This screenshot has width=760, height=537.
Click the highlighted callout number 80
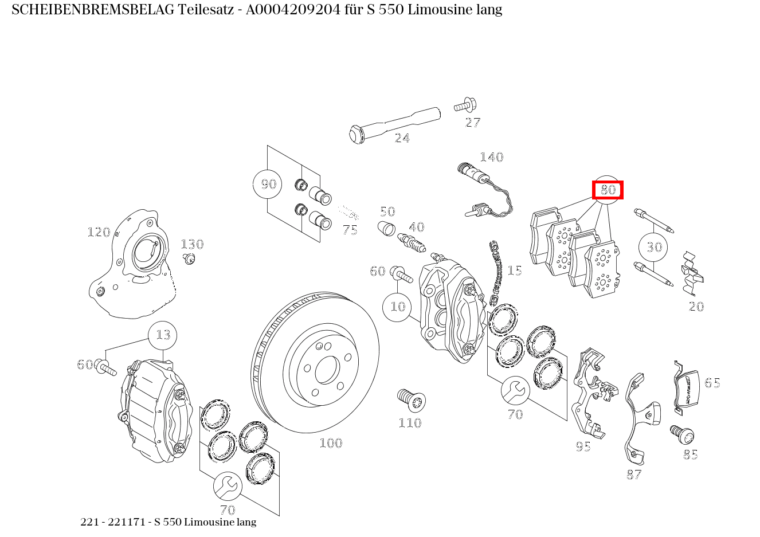[608, 190]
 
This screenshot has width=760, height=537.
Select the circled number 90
[268, 184]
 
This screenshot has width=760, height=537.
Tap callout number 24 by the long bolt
[402, 138]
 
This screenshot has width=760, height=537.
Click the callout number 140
[491, 157]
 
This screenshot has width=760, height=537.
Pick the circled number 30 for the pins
[654, 247]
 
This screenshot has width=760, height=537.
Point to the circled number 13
[163, 335]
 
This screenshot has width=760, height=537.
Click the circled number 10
[397, 307]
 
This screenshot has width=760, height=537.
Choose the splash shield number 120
[132, 264]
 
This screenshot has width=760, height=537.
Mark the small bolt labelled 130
[189, 258]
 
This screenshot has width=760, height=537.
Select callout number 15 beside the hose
[515, 271]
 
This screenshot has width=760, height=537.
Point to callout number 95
[583, 446]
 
